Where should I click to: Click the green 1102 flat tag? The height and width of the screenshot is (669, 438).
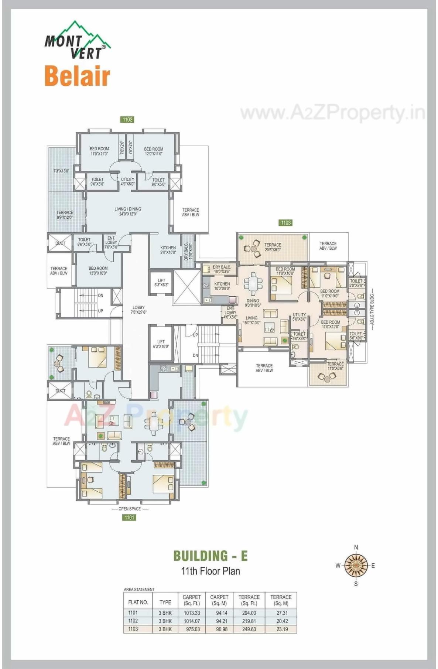pos(127,119)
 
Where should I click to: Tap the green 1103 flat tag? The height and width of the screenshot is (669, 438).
pos(285,222)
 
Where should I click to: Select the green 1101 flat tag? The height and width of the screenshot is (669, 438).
pos(129,517)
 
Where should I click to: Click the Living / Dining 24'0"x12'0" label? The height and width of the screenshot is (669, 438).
pos(128,211)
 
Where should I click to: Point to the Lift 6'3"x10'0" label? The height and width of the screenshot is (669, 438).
pos(161,344)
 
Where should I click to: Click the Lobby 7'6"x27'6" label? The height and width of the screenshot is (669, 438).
pos(138,310)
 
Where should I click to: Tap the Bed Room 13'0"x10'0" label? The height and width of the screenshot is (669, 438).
pos(98,271)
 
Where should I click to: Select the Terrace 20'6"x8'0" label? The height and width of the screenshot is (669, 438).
pos(273,247)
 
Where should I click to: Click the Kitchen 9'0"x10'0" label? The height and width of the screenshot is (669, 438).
pos(168,250)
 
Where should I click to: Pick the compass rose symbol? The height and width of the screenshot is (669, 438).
pos(356,565)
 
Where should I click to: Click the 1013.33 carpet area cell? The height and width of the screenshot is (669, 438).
pos(192,612)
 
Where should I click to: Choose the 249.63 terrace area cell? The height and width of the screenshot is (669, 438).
pos(249,629)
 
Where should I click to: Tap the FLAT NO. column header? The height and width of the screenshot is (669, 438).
pos(138,602)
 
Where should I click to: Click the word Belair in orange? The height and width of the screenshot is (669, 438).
pos(77,76)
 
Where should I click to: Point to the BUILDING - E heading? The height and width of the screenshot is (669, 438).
pos(211,556)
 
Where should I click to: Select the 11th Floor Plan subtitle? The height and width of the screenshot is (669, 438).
pos(211,571)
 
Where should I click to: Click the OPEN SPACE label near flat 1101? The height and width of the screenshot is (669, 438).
pos(130,509)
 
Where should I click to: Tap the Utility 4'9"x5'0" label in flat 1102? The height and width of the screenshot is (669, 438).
pos(128,181)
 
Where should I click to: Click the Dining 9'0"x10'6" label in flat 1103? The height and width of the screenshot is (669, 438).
pos(253,303)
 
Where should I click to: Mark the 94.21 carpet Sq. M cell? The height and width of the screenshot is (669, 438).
pos(222,621)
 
